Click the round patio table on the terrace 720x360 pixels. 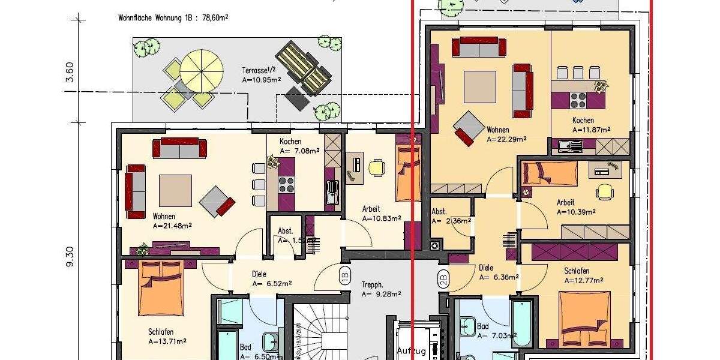coord(202,68)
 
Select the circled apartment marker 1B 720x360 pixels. coord(344,277)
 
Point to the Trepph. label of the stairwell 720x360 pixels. coord(372,285)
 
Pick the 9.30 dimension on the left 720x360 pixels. coord(70,256)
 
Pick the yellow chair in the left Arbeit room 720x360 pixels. coord(376,167)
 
